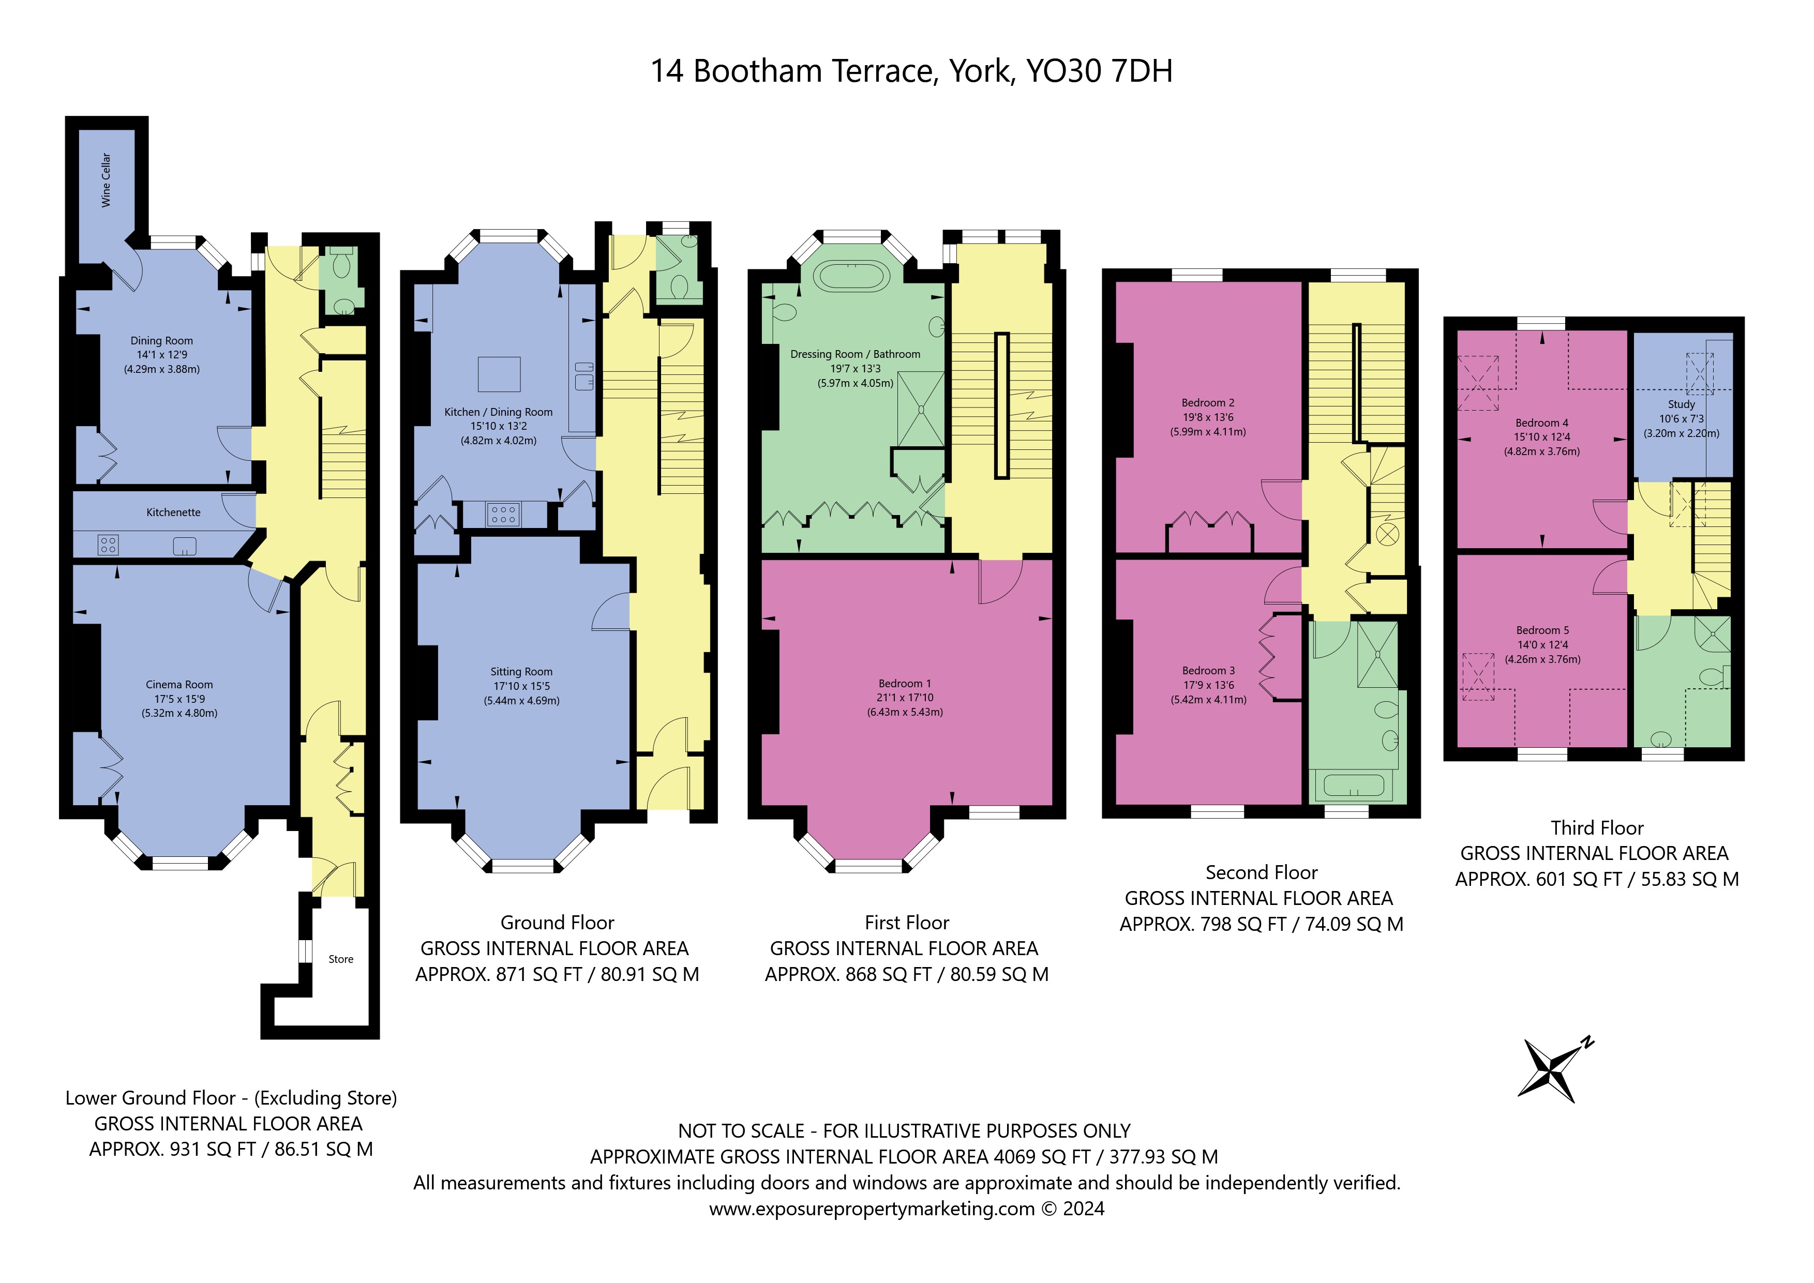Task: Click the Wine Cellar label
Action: coord(106,181)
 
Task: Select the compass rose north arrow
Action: coord(1556,1070)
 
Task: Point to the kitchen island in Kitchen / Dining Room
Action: coord(499,374)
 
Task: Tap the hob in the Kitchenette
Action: coord(108,545)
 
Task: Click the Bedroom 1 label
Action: coord(905,683)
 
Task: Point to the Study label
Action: coord(1681,404)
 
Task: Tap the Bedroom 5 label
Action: coord(1542,630)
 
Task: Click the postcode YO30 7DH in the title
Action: coord(1099,71)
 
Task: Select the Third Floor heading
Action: coord(1597,828)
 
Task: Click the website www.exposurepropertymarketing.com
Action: coord(872,1209)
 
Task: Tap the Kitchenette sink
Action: coord(185,545)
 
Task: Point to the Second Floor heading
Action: coord(1261,873)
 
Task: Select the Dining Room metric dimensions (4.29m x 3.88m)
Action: coord(162,369)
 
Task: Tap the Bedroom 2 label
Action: coord(1208,403)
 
